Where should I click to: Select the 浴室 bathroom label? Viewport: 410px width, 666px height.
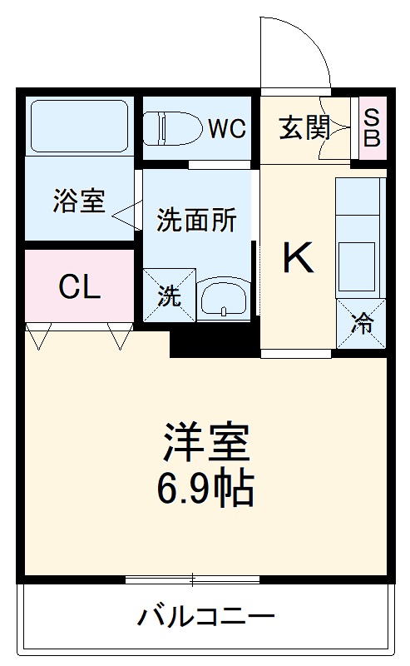pyautogui.click(x=79, y=201)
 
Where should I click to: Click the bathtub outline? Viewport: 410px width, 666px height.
pyautogui.click(x=79, y=126)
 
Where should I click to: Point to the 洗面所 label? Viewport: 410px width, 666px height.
pyautogui.click(x=197, y=221)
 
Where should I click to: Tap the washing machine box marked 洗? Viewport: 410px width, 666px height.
pyautogui.click(x=169, y=295)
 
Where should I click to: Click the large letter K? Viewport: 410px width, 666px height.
pyautogui.click(x=298, y=259)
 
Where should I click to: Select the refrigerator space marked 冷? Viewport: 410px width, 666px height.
pyautogui.click(x=362, y=323)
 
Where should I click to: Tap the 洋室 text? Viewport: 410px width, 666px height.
pyautogui.click(x=205, y=444)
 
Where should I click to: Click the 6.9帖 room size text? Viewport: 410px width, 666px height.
pyautogui.click(x=205, y=489)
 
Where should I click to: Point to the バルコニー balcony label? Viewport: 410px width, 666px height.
pyautogui.click(x=205, y=617)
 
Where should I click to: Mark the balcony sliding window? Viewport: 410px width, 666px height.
pyautogui.click(x=193, y=579)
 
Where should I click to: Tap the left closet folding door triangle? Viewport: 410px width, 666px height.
pyautogui.click(x=38, y=335)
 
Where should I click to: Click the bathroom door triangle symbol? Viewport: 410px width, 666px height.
pyautogui.click(x=125, y=215)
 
